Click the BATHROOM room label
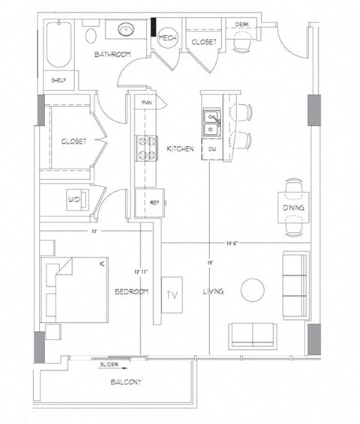pos(112,55)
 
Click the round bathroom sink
pos(124,31)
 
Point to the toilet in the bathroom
pos(91,34)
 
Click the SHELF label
pos(58,80)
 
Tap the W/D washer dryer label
pos(74,200)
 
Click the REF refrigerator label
pos(154,202)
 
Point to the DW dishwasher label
pos(212,149)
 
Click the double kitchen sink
pos(212,123)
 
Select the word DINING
pos(293,208)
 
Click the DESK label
pos(242,25)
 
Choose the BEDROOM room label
pos(131,291)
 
